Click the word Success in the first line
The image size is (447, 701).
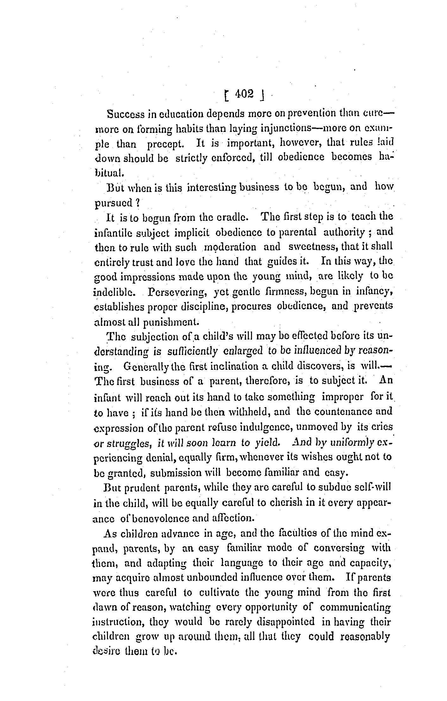126,114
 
